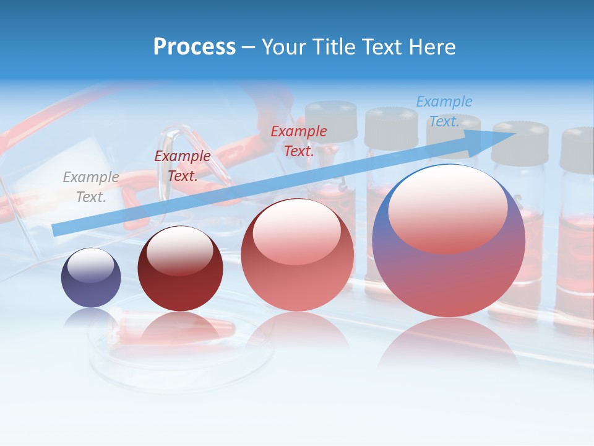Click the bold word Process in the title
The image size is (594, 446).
[x=194, y=47]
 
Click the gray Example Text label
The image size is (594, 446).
[x=91, y=186]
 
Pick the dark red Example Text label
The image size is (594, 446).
[x=182, y=165]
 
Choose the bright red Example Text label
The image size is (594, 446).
[x=299, y=141]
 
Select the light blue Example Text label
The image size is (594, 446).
[x=444, y=111]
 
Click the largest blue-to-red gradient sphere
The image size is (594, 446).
[x=449, y=273]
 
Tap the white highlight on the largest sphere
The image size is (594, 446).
[x=447, y=208]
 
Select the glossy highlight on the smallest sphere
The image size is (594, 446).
[x=90, y=265]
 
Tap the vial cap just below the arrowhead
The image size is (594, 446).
[x=520, y=144]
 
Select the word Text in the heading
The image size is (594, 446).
[x=383, y=47]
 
